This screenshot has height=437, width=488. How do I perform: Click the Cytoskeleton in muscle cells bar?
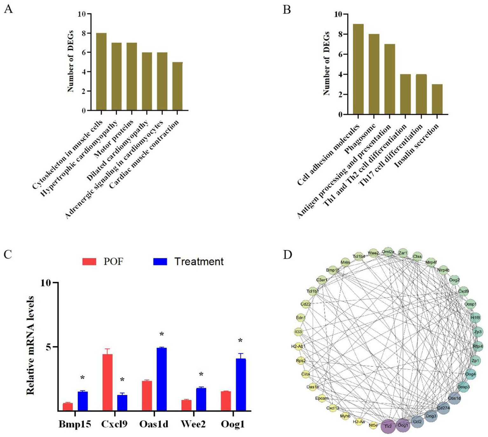pos(101,72)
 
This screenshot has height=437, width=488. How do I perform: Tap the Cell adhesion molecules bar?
pos(358,69)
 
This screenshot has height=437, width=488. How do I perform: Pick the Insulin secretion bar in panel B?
pos(437,99)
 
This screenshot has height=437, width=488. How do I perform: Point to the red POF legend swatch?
pos(89,261)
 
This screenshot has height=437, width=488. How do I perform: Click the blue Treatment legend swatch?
pos(160,261)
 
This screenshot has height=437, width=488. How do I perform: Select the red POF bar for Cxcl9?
pos(107,382)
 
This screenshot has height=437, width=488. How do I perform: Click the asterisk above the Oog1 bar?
pos(240,341)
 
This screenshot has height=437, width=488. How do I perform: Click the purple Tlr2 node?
pos(388,426)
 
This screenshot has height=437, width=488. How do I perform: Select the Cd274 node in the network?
pos(443,408)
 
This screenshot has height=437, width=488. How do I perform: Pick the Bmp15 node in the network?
pos(333,270)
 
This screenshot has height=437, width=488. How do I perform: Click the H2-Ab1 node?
pos(298,346)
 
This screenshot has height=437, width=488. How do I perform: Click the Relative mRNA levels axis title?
pos(31,345)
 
